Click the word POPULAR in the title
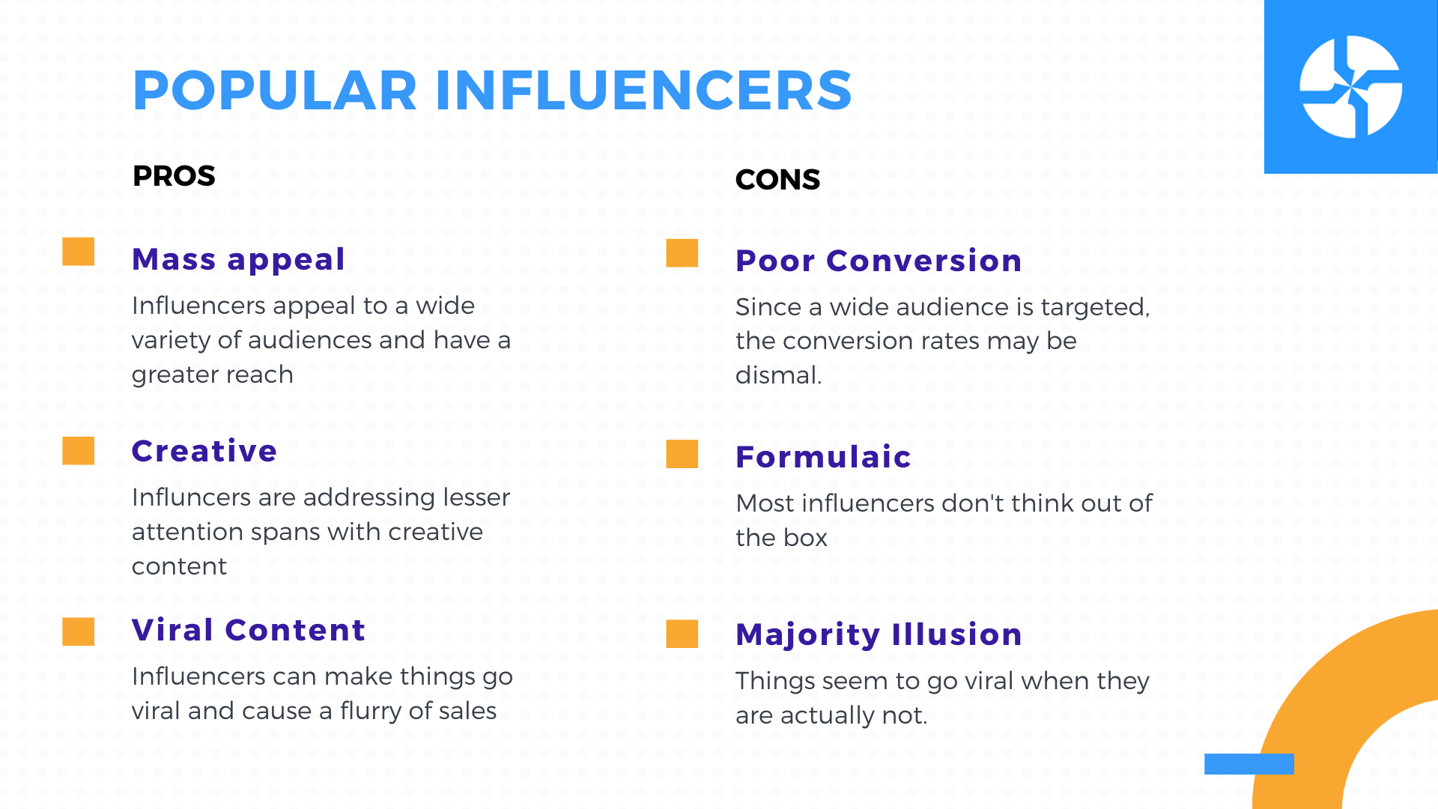[275, 91]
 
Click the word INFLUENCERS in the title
[643, 91]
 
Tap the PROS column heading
[174, 176]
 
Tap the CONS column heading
[777, 180]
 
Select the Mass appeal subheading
[238, 260]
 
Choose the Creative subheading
[204, 451]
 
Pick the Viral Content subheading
[249, 630]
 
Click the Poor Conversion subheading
[879, 261]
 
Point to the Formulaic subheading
[823, 457]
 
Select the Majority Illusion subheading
[879, 634]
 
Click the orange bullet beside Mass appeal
[79, 252]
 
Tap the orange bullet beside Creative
[79, 451]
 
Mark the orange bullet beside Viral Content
[79, 631]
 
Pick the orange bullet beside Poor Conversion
[682, 253]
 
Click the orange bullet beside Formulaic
[682, 454]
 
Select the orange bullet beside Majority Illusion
[682, 634]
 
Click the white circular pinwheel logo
[1350, 87]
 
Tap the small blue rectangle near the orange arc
[1249, 764]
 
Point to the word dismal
[778, 375]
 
